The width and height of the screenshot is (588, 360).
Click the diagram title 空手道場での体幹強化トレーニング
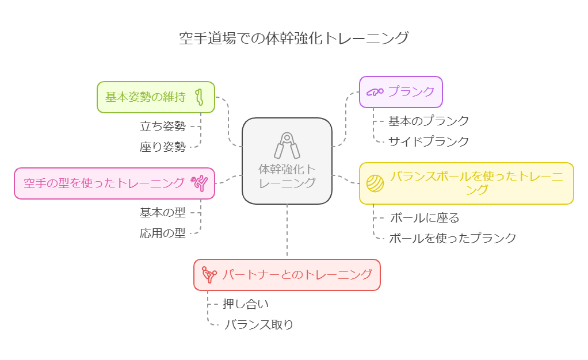click(294, 39)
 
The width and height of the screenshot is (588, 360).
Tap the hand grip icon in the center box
click(287, 145)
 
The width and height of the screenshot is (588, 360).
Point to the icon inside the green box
click(200, 97)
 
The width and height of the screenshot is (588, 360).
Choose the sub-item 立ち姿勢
click(163, 126)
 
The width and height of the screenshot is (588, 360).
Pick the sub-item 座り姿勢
click(163, 147)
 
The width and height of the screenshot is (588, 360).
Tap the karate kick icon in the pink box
click(200, 183)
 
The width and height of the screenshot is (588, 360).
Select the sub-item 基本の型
click(163, 213)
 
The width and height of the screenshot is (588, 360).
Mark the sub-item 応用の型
click(163, 233)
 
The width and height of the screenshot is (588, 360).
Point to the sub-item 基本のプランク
click(429, 121)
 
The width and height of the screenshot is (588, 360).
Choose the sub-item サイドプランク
click(429, 141)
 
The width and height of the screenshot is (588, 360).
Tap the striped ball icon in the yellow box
click(375, 183)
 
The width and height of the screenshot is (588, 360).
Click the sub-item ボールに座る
click(425, 218)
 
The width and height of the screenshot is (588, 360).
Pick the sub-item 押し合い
click(246, 304)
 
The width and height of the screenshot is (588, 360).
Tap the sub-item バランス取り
click(258, 324)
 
